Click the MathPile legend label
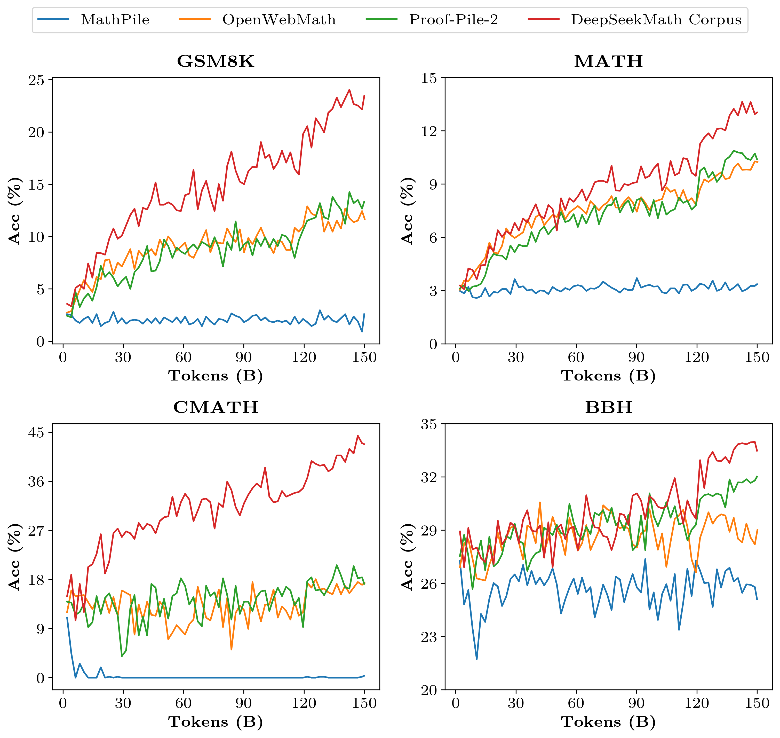tap(115, 20)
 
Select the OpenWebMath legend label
tap(279, 20)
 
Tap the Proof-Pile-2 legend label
tap(453, 20)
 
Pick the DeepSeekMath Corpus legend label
tap(656, 20)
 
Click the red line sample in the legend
tap(544, 19)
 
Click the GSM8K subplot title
tap(216, 61)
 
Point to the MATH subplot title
tap(608, 61)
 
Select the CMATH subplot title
tap(216, 407)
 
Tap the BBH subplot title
tap(608, 407)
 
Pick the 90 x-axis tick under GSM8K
tap(244, 357)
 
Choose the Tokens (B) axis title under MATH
tap(608, 376)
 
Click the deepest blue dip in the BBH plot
tap(477, 659)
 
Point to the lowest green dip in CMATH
tap(122, 656)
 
